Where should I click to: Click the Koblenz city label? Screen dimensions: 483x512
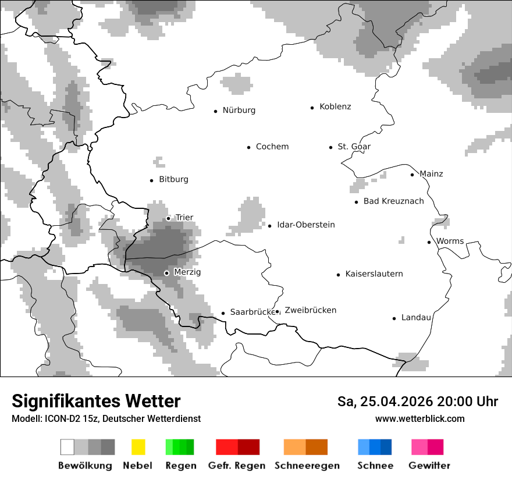tap(335, 107)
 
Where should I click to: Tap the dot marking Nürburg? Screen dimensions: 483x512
tap(215, 111)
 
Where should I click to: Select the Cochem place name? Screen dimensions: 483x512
tap(272, 147)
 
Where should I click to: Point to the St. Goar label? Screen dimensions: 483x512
tap(354, 147)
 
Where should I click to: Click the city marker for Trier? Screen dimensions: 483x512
tap(168, 218)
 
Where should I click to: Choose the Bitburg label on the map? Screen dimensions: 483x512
tap(173, 179)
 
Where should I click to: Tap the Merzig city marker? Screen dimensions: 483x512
tap(166, 273)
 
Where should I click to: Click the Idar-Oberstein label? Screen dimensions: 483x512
tap(305, 225)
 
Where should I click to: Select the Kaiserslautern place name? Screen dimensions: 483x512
tap(374, 274)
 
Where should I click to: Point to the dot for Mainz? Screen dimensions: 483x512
tap(412, 175)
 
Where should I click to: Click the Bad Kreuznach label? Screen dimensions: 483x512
tap(393, 201)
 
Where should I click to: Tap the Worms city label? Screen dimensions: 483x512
tap(450, 241)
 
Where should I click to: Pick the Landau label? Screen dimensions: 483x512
tap(416, 318)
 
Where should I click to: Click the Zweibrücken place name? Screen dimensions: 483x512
tap(310, 310)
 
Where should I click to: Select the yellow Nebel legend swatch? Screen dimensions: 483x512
tap(138, 447)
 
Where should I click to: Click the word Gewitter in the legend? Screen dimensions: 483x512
tap(429, 466)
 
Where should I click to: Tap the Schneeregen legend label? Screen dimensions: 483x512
tap(307, 466)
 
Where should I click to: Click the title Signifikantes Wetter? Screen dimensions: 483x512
tap(96, 401)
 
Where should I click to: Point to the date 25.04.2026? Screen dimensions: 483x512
tap(396, 402)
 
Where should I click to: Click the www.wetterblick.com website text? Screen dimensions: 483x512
tap(419, 419)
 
